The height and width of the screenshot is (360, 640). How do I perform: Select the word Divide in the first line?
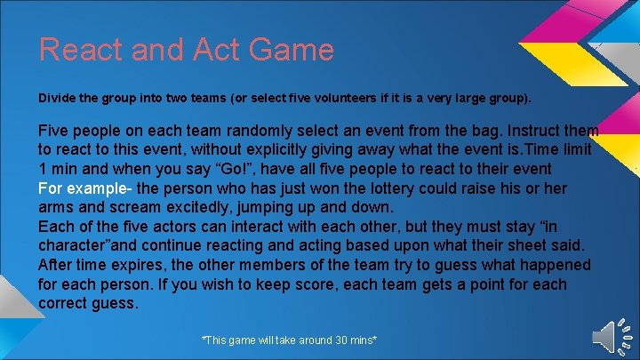pyautogui.click(x=56, y=96)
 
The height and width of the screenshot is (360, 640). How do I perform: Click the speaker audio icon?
pyautogui.click(x=610, y=335)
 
